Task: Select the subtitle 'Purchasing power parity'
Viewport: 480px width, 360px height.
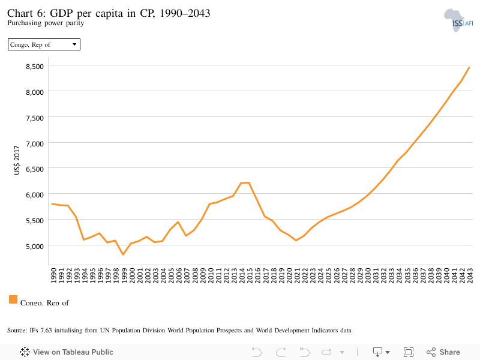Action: [46, 23]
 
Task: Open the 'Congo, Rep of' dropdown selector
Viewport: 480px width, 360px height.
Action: [44, 44]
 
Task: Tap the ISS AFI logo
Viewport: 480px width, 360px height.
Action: [458, 20]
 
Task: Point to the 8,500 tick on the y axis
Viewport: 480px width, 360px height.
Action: [35, 67]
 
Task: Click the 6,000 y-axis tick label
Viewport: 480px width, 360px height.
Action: [35, 194]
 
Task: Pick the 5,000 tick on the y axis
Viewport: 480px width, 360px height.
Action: [35, 246]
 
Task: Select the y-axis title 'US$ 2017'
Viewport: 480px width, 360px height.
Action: [17, 160]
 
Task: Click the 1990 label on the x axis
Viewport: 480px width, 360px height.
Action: [53, 275]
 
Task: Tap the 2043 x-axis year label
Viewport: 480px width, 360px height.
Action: [470, 275]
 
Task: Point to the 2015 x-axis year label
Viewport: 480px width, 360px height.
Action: [250, 275]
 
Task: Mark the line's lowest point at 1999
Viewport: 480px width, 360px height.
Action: [123, 254]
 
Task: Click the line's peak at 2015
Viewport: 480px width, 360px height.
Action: [249, 183]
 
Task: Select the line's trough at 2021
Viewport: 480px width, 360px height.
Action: [296, 241]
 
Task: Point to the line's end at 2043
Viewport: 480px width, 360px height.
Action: [469, 67]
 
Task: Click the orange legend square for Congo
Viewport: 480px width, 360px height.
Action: [13, 299]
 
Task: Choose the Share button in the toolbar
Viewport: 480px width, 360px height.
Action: [443, 352]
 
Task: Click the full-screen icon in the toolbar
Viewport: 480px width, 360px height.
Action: [409, 352]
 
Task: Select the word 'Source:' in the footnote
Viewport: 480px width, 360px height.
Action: [17, 331]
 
